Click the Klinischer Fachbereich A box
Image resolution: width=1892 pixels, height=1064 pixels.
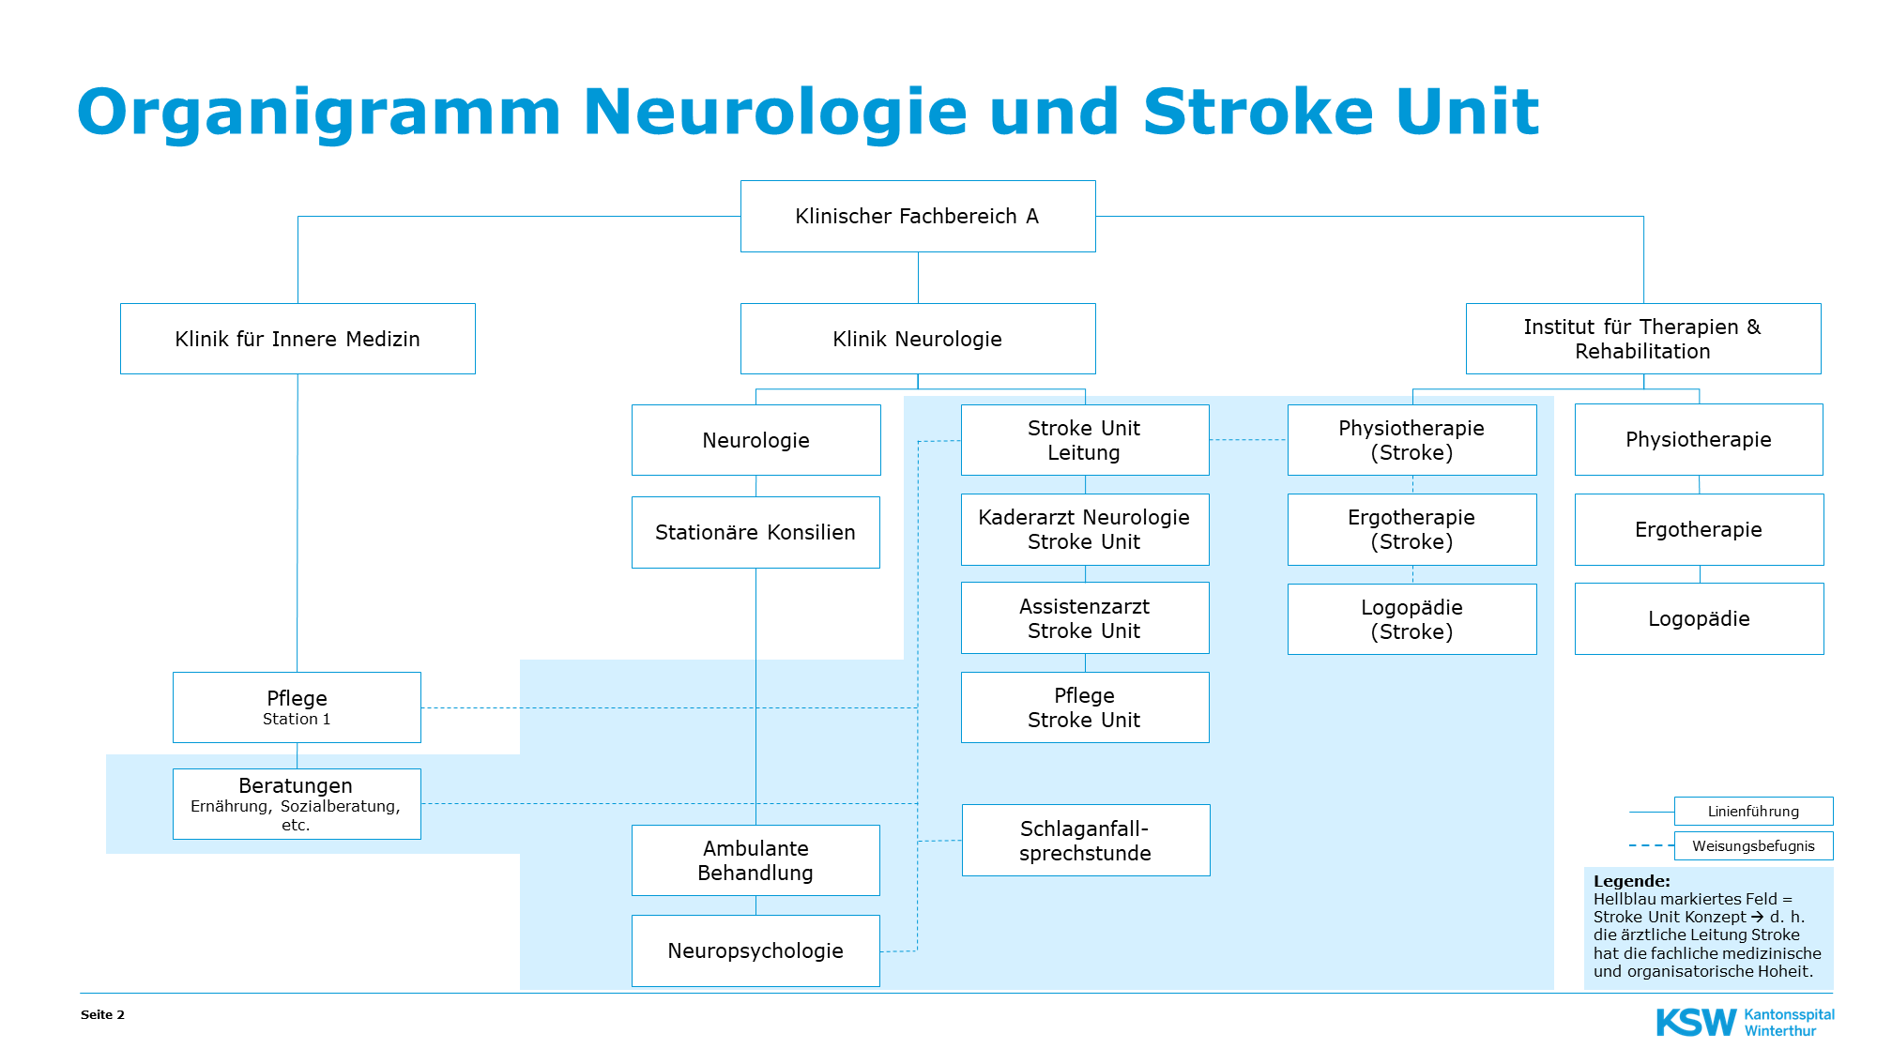coord(917,217)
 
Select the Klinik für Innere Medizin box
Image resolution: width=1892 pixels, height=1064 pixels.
coord(298,339)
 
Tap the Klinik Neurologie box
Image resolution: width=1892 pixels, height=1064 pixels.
coord(917,339)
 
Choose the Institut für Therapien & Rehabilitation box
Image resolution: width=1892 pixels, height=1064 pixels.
coord(1642,339)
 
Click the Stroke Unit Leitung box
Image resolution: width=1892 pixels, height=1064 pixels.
coord(1084,440)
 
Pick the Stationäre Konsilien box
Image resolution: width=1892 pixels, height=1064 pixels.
coord(755,533)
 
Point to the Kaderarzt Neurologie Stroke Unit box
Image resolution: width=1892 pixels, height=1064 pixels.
coord(1084,529)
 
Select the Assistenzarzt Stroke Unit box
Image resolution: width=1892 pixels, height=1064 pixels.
coord(1084,618)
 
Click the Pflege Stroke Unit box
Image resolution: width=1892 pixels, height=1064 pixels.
coord(1084,707)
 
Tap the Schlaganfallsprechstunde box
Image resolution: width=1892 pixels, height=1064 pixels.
coord(1085,841)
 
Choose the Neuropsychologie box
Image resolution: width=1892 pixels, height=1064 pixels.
coord(755,950)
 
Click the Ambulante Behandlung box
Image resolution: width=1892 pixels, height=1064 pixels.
coord(755,860)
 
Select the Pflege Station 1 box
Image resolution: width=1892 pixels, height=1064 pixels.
coord(297,707)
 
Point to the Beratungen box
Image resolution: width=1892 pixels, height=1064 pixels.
coord(297,804)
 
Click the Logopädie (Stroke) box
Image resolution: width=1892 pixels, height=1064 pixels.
coord(1411,619)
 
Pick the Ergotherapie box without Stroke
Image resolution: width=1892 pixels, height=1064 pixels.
coord(1699,529)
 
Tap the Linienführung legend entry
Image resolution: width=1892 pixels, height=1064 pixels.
coord(1753,812)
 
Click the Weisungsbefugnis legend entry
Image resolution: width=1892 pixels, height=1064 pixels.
coord(1753,846)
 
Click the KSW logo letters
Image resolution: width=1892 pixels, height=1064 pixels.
coord(1696,1023)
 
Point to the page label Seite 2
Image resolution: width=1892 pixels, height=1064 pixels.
coord(102,1015)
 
